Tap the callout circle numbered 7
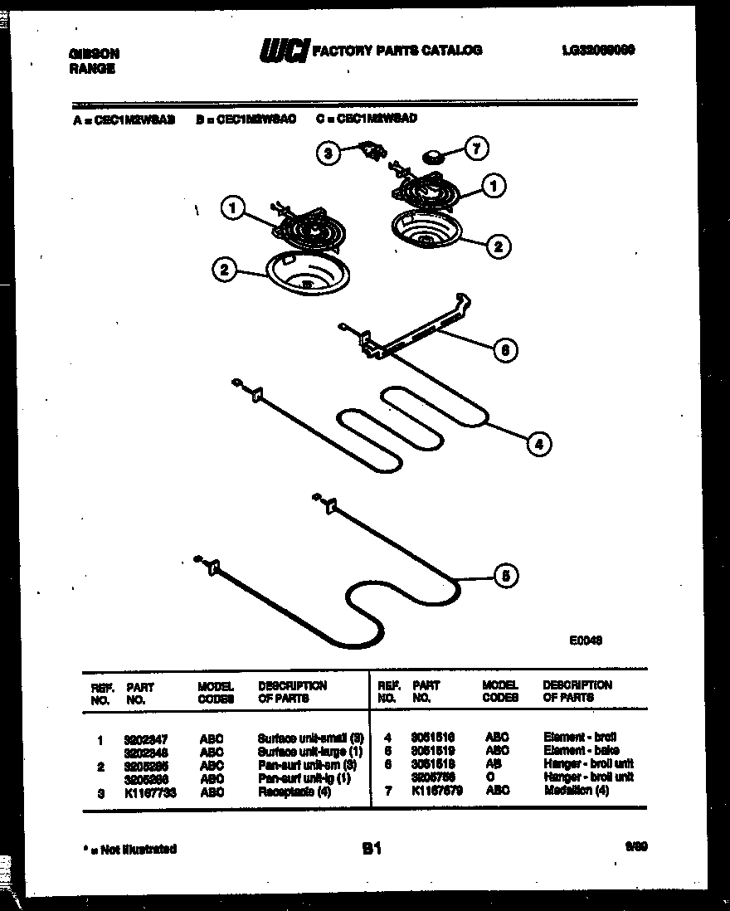tap(475, 149)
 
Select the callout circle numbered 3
tap(328, 153)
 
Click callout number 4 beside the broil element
tap(538, 444)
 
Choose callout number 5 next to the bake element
tap(507, 577)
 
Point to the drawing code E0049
tap(585, 640)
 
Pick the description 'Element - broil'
tap(580, 737)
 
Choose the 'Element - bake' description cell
tap(581, 750)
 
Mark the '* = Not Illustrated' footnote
tap(130, 849)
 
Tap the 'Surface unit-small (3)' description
tap(310, 738)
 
